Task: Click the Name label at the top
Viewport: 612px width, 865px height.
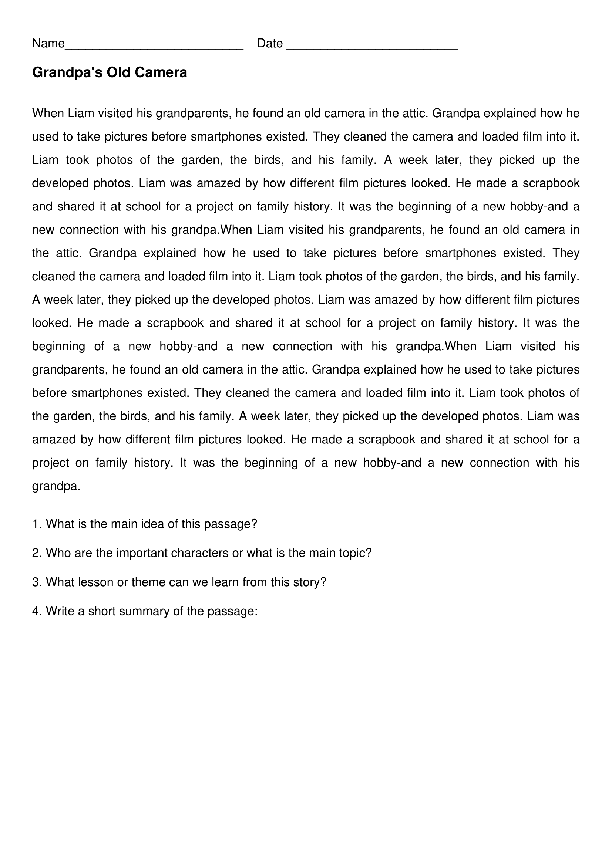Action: (x=48, y=44)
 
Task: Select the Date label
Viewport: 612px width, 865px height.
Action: (x=270, y=44)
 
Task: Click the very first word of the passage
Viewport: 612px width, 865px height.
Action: (x=48, y=114)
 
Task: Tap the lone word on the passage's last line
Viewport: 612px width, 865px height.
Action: (x=56, y=487)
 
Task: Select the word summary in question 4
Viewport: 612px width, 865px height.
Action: (x=146, y=611)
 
